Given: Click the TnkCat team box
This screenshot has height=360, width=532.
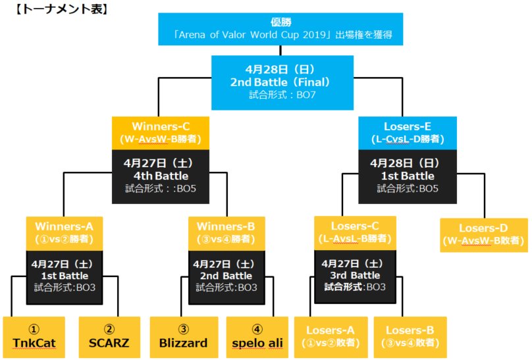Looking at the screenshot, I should point(34,336).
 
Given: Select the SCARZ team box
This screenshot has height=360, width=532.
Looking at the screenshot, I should point(109,336).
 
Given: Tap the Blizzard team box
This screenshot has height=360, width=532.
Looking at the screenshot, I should point(183,336).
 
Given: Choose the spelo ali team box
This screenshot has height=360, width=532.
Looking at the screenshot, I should point(257,336).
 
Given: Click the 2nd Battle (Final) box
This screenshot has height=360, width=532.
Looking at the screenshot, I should point(280,82).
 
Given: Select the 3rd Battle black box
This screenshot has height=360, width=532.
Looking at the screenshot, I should point(356,276).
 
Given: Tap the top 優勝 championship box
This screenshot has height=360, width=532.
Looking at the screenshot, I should point(279,28).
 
